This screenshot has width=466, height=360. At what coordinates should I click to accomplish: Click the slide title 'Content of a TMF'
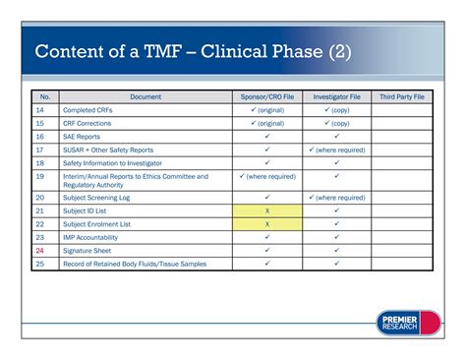[x=193, y=51]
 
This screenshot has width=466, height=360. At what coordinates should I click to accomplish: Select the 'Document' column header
[x=145, y=97]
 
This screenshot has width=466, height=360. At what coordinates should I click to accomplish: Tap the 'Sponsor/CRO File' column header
[x=267, y=97]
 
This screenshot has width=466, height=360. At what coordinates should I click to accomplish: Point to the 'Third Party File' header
[x=402, y=97]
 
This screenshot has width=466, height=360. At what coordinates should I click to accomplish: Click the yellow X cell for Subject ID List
[x=267, y=211]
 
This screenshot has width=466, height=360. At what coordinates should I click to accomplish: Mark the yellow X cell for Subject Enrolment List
[x=267, y=224]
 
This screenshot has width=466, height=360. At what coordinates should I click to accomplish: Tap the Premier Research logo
[x=408, y=323]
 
